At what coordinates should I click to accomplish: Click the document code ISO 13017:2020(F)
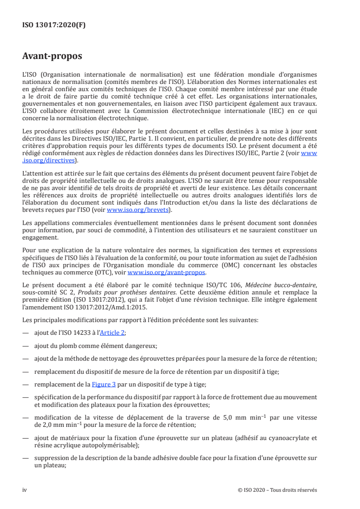pos(54,25)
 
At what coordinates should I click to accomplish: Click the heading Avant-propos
pos(52,56)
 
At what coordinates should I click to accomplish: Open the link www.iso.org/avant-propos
pos(167,273)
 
